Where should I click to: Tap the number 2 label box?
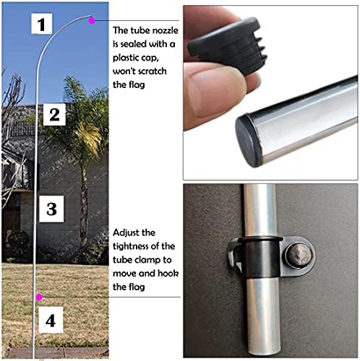pyautogui.click(x=55, y=113)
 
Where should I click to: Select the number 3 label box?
pyautogui.click(x=51, y=209)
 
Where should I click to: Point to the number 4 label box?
pyautogui.click(x=50, y=319)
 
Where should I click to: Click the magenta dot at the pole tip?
pyautogui.click(x=92, y=21)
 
